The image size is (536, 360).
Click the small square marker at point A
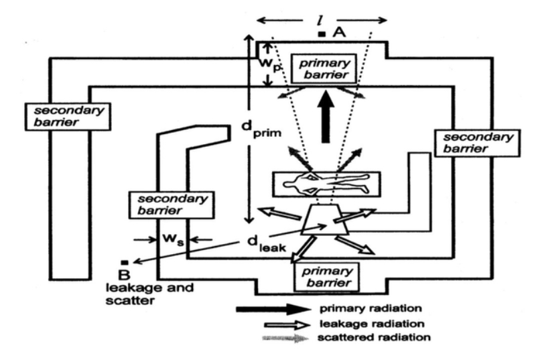(x=322, y=34)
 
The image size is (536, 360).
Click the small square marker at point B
(x=125, y=262)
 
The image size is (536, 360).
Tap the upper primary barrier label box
(x=324, y=68)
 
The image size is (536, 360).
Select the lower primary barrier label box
(x=327, y=277)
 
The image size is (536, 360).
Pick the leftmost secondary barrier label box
(x=68, y=117)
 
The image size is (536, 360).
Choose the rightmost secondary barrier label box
(x=477, y=143)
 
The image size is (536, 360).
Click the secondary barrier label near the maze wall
(x=172, y=204)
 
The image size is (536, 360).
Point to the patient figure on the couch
(x=326, y=184)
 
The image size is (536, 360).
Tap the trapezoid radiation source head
(x=325, y=220)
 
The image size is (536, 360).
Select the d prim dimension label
(x=261, y=129)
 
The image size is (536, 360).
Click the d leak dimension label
(x=266, y=244)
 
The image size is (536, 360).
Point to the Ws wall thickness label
(x=173, y=239)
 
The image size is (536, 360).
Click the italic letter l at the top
(x=320, y=21)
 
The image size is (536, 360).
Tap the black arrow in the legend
(x=273, y=309)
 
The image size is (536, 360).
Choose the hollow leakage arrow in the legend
(x=287, y=324)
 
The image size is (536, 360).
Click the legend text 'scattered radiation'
(x=374, y=338)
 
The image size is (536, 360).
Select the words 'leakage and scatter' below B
(x=149, y=294)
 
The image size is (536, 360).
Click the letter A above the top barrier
(x=339, y=32)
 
